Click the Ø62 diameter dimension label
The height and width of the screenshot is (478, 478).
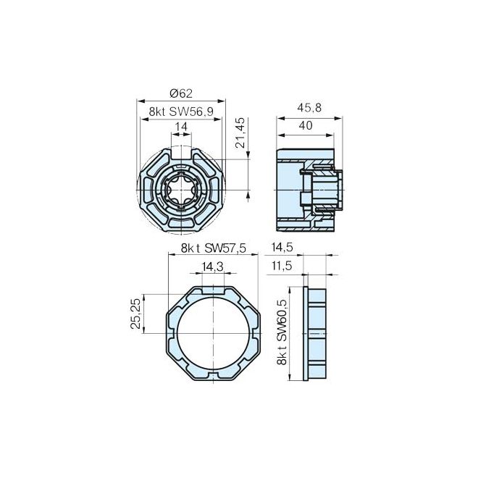[x=180, y=93]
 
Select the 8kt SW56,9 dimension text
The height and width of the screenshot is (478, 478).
[x=180, y=111]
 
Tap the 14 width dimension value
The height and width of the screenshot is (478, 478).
[x=181, y=126]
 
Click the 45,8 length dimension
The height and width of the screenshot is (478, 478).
[x=309, y=108]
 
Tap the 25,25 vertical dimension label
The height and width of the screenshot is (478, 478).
[x=135, y=314]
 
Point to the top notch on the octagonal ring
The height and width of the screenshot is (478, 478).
[x=213, y=290]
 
